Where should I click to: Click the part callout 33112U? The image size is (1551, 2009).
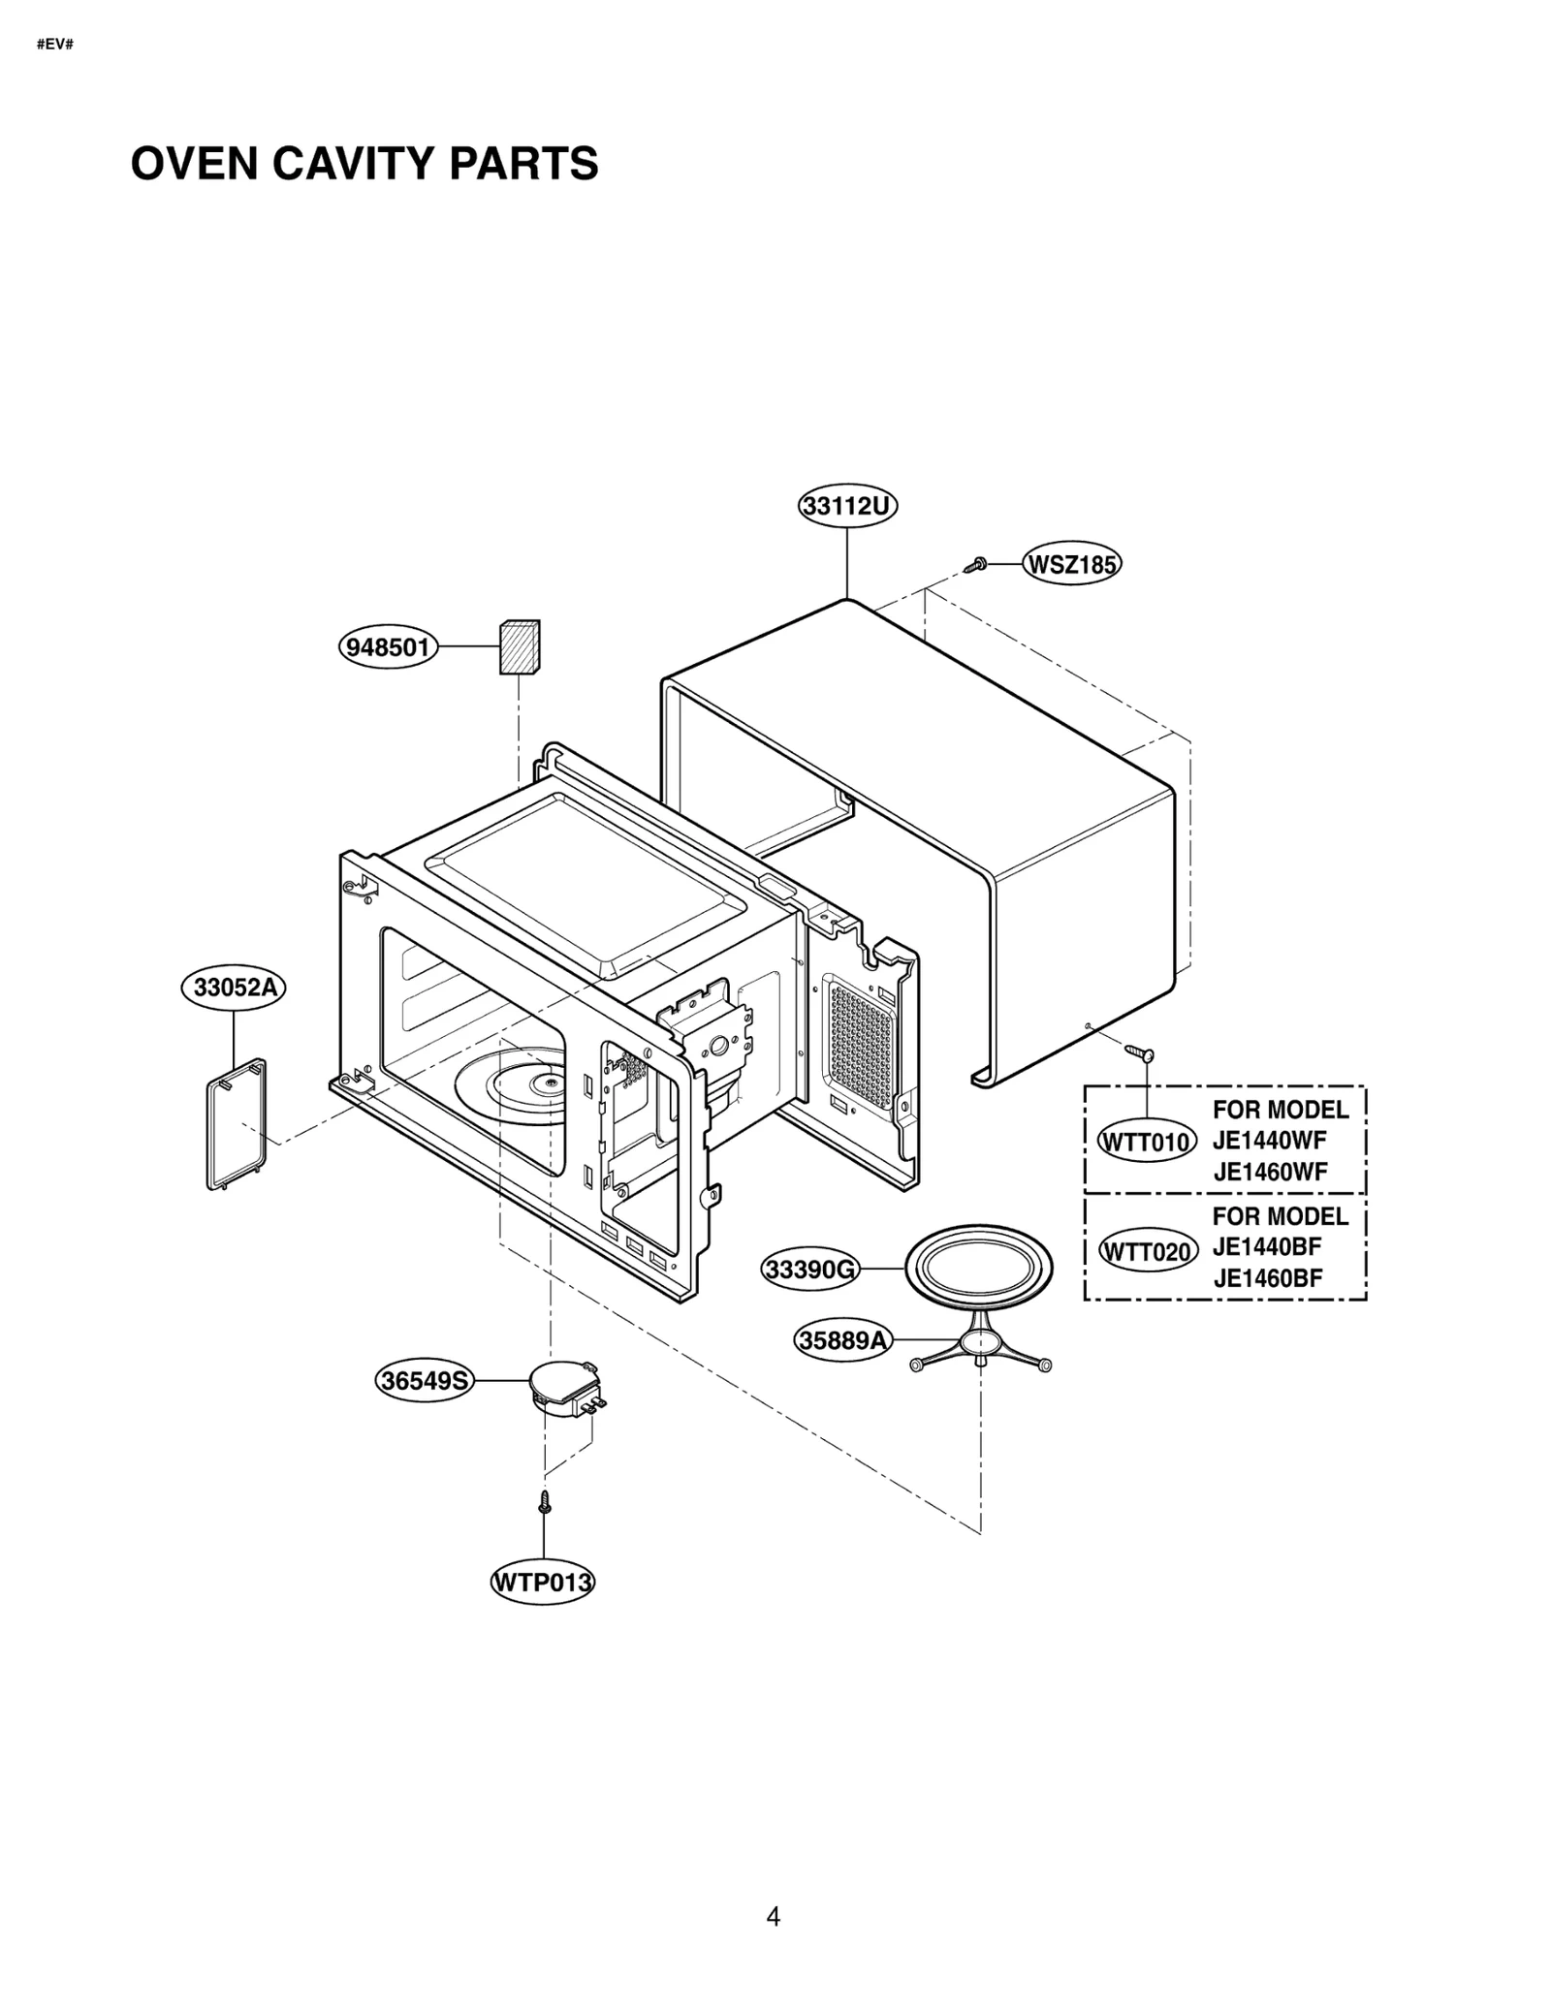tap(847, 506)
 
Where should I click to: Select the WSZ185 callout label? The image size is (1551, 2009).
tap(1071, 564)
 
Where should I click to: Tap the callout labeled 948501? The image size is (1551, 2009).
tap(388, 646)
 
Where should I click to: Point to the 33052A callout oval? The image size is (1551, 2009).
tap(234, 988)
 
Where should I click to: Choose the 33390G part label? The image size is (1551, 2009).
tap(809, 1269)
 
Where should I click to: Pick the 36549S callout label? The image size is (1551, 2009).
tap(424, 1380)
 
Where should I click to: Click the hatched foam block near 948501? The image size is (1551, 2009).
tap(519, 647)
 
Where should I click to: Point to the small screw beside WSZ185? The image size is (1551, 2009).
tap(976, 564)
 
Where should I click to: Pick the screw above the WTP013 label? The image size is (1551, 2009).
tap(544, 1501)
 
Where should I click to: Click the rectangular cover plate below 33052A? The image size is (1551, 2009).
tap(237, 1124)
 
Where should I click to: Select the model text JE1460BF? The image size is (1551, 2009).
tap(1267, 1278)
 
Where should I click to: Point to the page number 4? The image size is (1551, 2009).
tap(773, 1916)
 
